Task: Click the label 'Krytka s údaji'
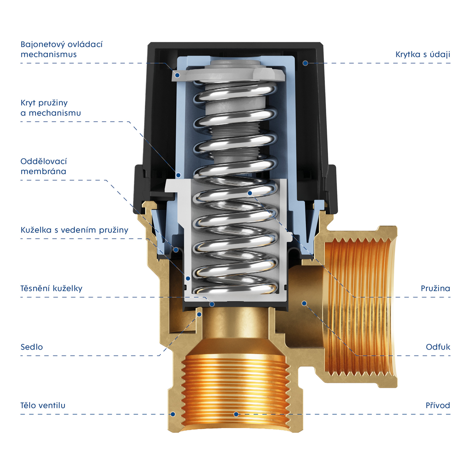(x=423, y=54)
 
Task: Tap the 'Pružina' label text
(x=435, y=288)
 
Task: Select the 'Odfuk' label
(x=438, y=347)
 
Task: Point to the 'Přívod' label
(x=438, y=405)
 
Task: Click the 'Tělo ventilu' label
(x=43, y=405)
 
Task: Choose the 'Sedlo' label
(x=31, y=347)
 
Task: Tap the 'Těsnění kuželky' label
(x=51, y=288)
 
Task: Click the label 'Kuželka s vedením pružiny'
(x=74, y=230)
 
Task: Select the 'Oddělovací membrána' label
(x=44, y=166)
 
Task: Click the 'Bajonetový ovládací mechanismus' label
(x=62, y=49)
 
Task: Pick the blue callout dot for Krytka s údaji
(x=305, y=63)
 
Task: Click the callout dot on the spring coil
(x=250, y=193)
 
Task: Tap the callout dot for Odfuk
(x=304, y=303)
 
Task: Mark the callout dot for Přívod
(x=236, y=414)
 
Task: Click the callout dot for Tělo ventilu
(x=173, y=414)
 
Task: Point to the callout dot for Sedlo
(x=199, y=314)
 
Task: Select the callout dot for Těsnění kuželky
(x=212, y=304)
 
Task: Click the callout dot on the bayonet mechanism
(x=177, y=75)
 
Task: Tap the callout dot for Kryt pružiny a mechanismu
(x=179, y=175)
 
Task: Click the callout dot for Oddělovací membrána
(x=176, y=250)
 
